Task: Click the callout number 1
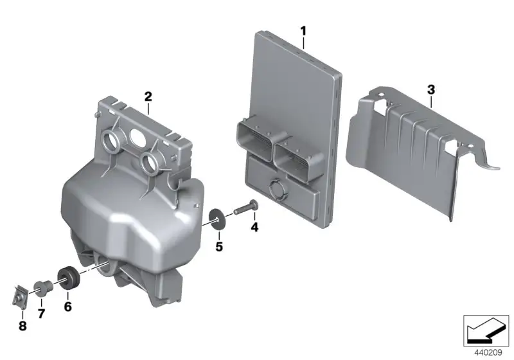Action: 303,32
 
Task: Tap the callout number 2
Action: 148,96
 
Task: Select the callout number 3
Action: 431,89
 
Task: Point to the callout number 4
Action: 254,226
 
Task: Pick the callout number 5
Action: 219,246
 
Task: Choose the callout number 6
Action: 67,307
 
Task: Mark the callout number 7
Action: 41,314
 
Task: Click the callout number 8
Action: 22,326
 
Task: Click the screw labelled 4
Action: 246,208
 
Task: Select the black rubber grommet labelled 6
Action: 68,278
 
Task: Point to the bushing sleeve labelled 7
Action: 43,288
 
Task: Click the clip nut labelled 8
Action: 21,297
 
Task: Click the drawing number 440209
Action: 488,352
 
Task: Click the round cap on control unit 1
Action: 278,188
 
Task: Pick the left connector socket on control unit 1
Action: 254,140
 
